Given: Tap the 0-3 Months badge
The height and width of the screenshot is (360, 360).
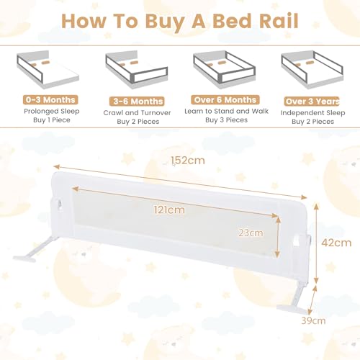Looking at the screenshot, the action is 50,99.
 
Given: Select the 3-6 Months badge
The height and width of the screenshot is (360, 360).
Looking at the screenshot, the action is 137,102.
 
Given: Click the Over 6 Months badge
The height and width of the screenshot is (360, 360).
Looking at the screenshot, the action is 225,99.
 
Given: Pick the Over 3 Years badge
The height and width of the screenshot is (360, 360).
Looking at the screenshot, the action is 312,102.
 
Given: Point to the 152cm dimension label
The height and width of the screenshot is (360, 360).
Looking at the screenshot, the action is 188,161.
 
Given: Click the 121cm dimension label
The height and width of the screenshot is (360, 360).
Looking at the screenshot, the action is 169,210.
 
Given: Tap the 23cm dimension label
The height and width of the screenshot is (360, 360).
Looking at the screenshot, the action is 251,233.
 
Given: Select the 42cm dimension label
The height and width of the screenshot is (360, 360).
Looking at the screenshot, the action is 336,243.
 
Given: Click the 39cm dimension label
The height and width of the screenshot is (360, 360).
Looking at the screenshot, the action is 313,320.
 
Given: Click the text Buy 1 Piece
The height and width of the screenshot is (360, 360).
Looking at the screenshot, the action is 52,120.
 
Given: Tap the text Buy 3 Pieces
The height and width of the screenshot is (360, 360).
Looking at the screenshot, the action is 226,120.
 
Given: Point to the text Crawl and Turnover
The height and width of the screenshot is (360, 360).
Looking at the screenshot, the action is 137,113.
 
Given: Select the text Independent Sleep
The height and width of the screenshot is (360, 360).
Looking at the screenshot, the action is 313,113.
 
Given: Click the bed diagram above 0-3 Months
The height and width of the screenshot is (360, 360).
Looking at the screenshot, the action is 48,69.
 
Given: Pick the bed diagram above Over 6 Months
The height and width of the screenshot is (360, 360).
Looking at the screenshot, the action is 225,69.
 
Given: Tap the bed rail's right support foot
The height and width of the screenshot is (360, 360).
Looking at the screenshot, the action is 294,297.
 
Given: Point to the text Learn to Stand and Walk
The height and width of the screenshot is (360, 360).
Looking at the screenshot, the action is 226,111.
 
